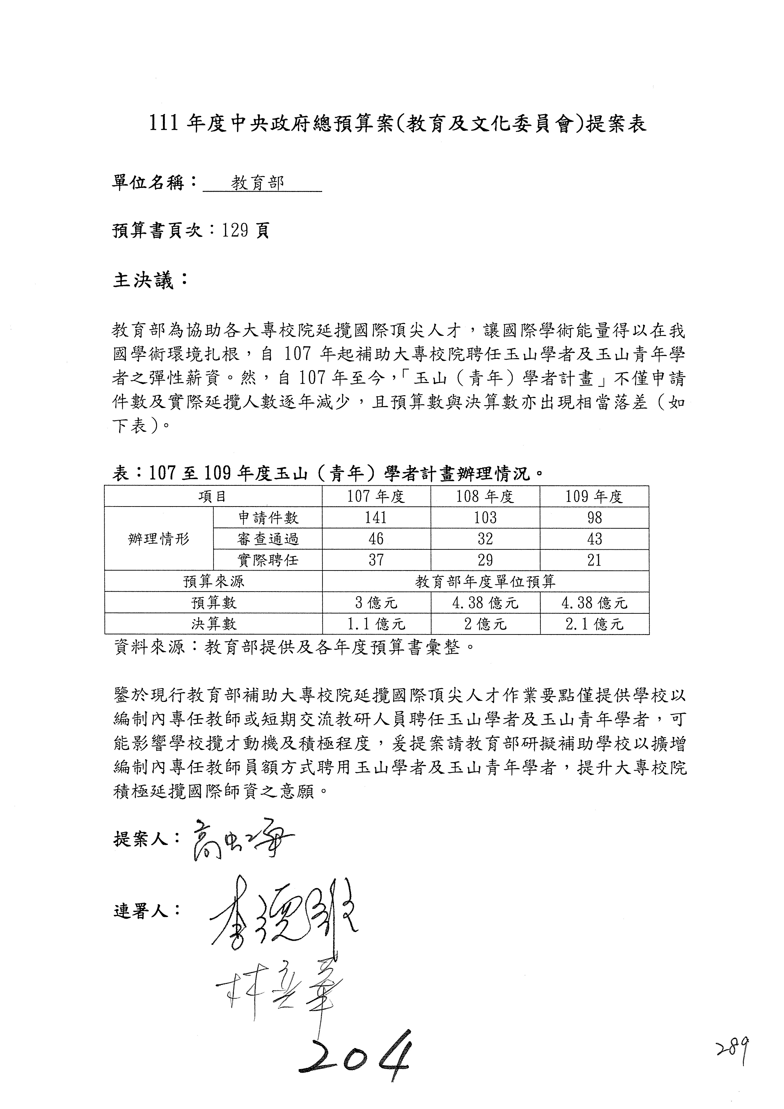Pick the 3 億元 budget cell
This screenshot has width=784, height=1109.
pos(376,602)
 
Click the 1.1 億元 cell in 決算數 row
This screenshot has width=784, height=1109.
pos(376,623)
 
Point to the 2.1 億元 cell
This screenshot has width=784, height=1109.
pos(594,623)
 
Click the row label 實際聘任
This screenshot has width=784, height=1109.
pos(268,560)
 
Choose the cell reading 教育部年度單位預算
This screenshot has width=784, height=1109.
pos(485,581)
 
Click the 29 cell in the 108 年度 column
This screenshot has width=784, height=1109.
pos(485,560)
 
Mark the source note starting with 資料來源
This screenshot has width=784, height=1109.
pos(294,647)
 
